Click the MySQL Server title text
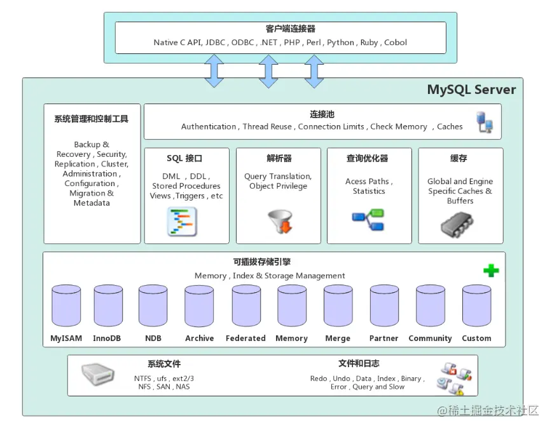point(471,90)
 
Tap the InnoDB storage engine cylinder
point(108,306)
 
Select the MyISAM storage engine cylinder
point(66,306)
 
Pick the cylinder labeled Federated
point(246,306)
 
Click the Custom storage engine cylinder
point(476,306)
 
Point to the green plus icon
point(491,271)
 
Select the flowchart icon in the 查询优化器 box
point(368,220)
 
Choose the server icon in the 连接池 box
point(485,122)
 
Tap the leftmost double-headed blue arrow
point(214,71)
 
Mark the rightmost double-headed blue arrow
point(314,71)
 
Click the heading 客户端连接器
point(282,29)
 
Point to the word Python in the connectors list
point(341,43)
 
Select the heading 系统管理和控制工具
point(92,119)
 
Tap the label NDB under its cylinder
point(153,339)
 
